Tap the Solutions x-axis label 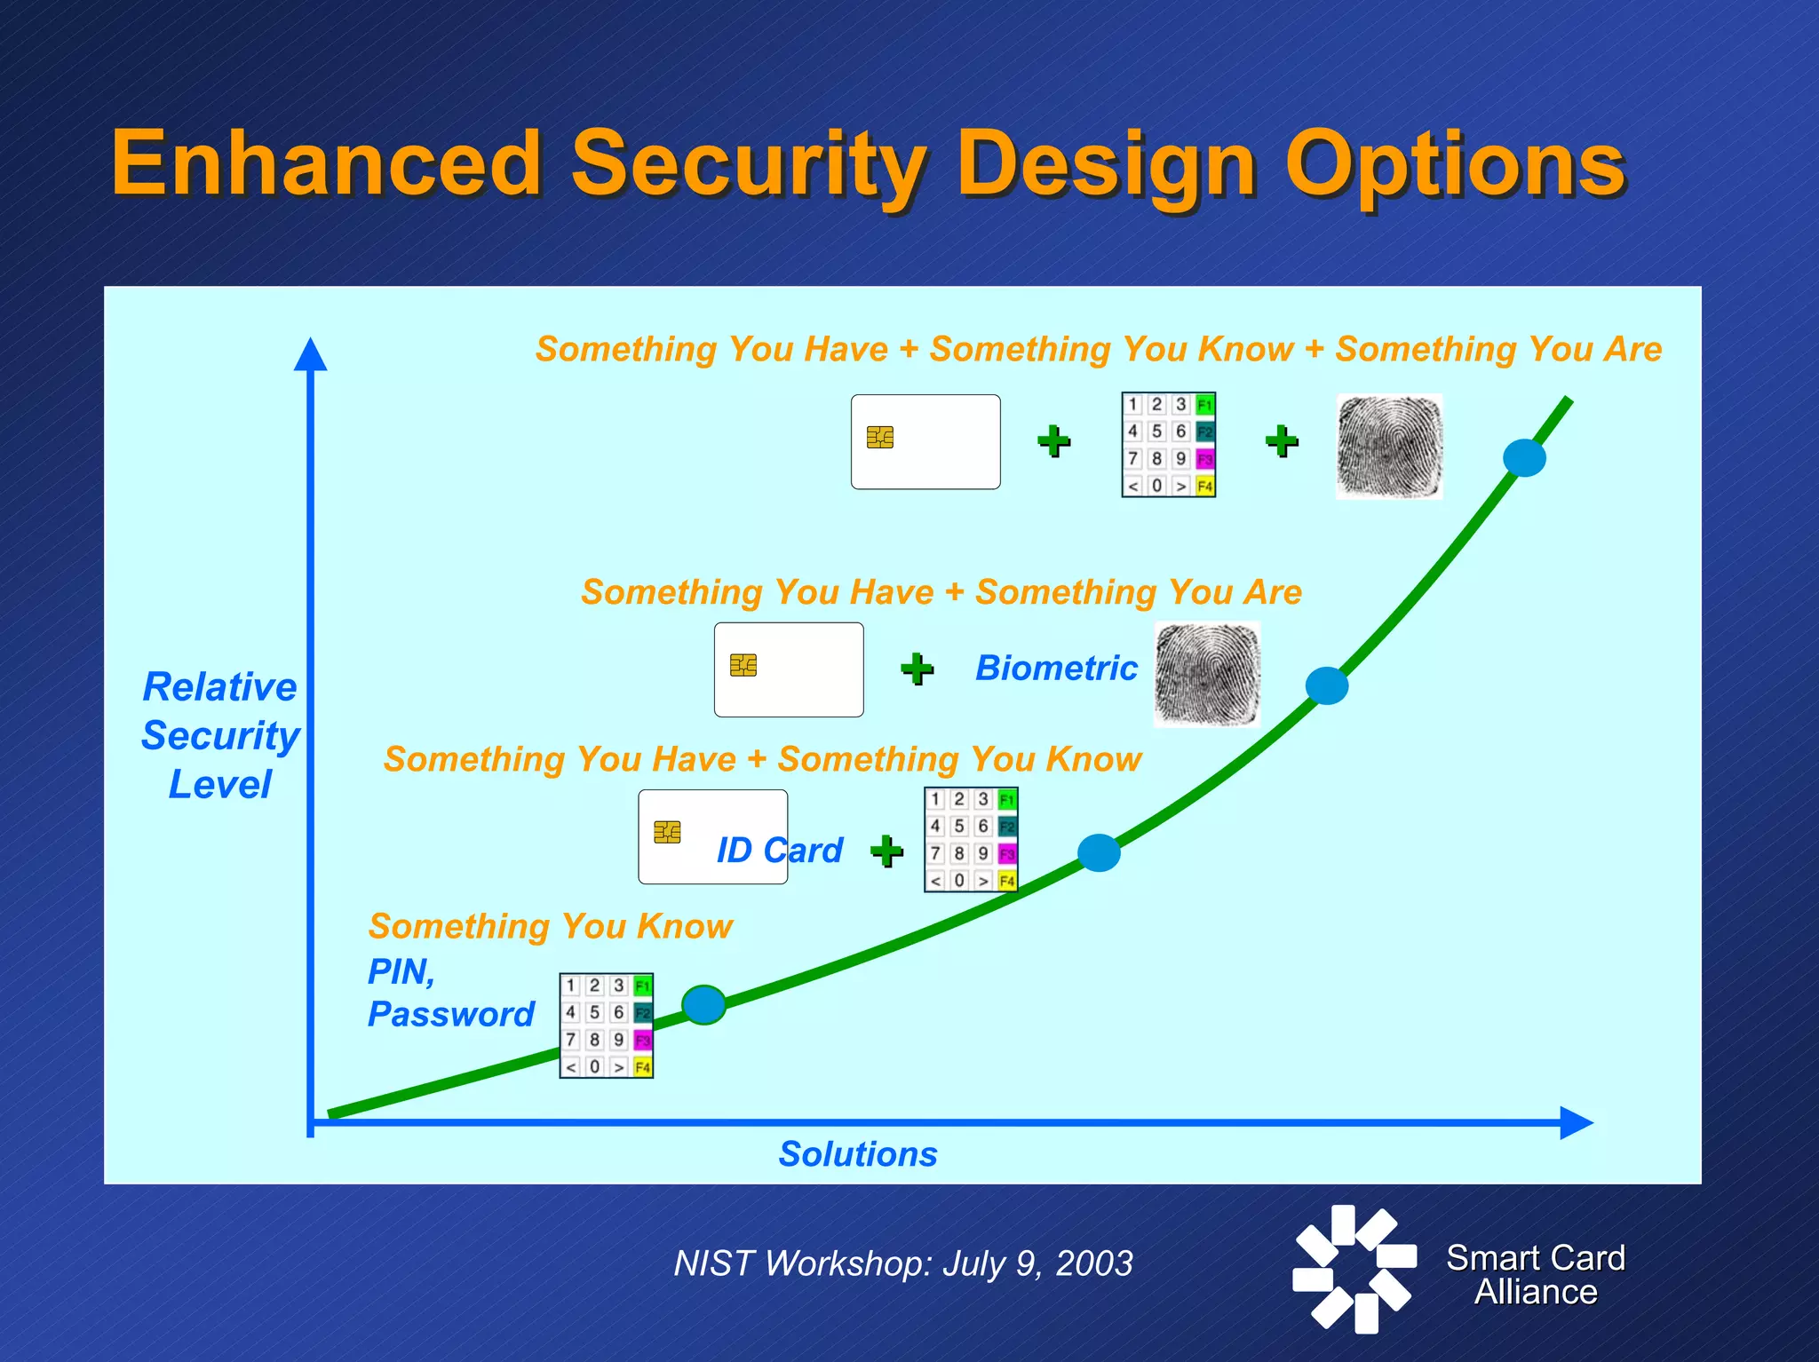(x=857, y=1153)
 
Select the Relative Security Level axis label (x=219, y=735)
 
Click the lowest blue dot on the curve (x=703, y=1004)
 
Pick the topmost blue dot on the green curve (x=1524, y=457)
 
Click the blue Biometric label (x=1055, y=668)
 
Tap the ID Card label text (x=779, y=850)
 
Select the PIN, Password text (x=449, y=993)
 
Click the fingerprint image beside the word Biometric (x=1206, y=674)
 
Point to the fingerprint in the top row (x=1389, y=446)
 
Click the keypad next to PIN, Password (x=606, y=1025)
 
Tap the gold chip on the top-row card (x=879, y=437)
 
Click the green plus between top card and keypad (x=1053, y=441)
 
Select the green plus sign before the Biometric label (x=917, y=669)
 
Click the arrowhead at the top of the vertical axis (x=310, y=354)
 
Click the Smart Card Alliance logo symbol (x=1354, y=1268)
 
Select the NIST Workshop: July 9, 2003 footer (x=902, y=1263)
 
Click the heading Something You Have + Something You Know (x=762, y=759)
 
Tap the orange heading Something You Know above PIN (x=550, y=926)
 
